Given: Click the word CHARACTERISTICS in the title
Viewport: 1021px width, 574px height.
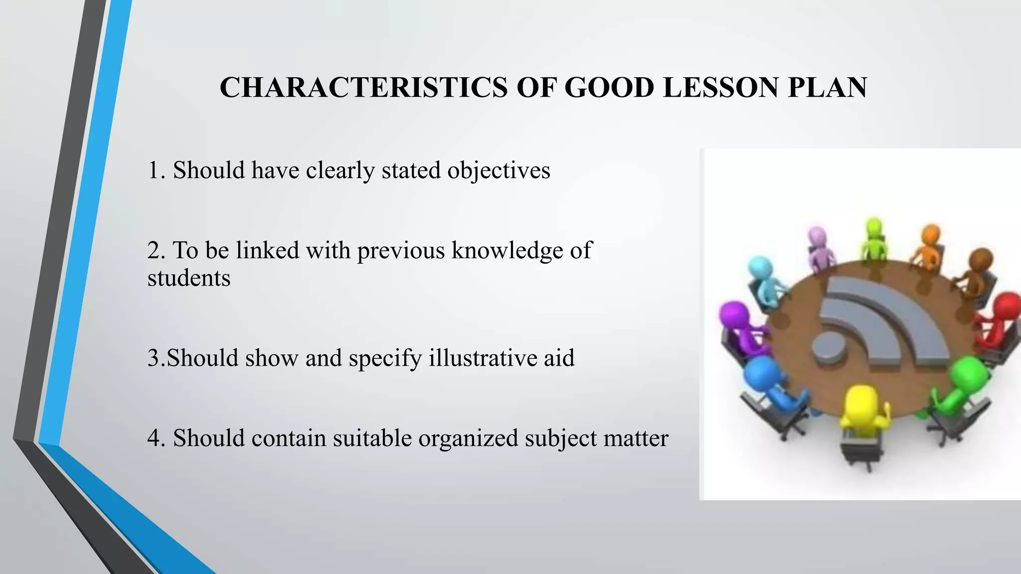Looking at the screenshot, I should [362, 88].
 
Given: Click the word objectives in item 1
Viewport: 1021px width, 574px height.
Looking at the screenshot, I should [499, 171].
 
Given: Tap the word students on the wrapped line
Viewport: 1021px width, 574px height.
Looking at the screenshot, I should [189, 278].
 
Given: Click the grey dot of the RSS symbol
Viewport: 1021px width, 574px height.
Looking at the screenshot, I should [830, 346].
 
